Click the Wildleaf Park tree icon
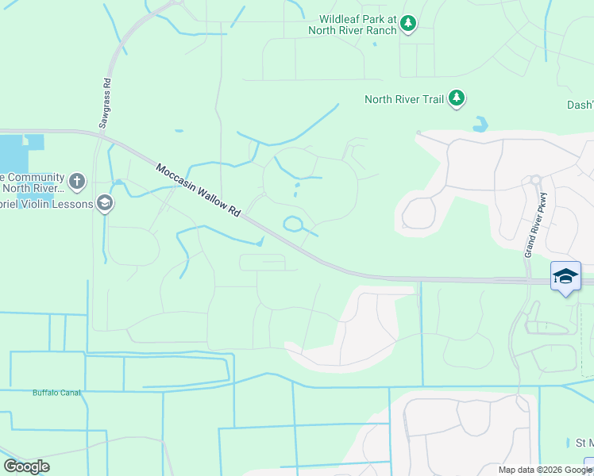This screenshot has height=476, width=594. [408, 24]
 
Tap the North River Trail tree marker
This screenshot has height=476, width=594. [457, 98]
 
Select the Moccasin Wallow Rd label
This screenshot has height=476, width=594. [198, 192]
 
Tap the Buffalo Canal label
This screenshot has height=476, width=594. [57, 392]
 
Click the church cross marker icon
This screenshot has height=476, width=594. [76, 182]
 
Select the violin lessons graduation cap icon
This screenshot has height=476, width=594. [104, 204]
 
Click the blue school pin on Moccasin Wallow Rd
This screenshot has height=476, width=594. [565, 277]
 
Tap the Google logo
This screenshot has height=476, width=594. [26, 466]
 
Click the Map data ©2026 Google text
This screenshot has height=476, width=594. [545, 470]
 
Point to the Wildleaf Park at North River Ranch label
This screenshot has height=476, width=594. [357, 24]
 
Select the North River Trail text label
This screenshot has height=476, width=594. [403, 99]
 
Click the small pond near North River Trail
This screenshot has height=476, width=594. [480, 125]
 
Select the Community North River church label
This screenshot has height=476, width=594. [32, 182]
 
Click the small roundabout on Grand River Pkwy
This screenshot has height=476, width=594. [536, 180]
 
